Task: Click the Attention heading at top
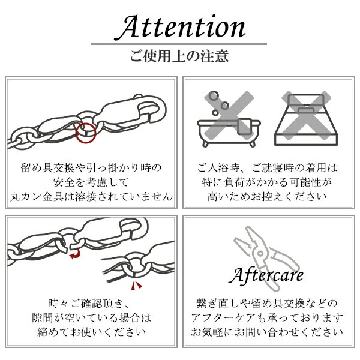pos(179,27)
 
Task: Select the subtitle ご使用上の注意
pos(179,57)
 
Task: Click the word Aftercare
pos(267,276)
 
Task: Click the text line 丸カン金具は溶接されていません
pos(92,196)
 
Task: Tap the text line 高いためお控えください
pos(267,196)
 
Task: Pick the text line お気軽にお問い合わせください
pos(267,332)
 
